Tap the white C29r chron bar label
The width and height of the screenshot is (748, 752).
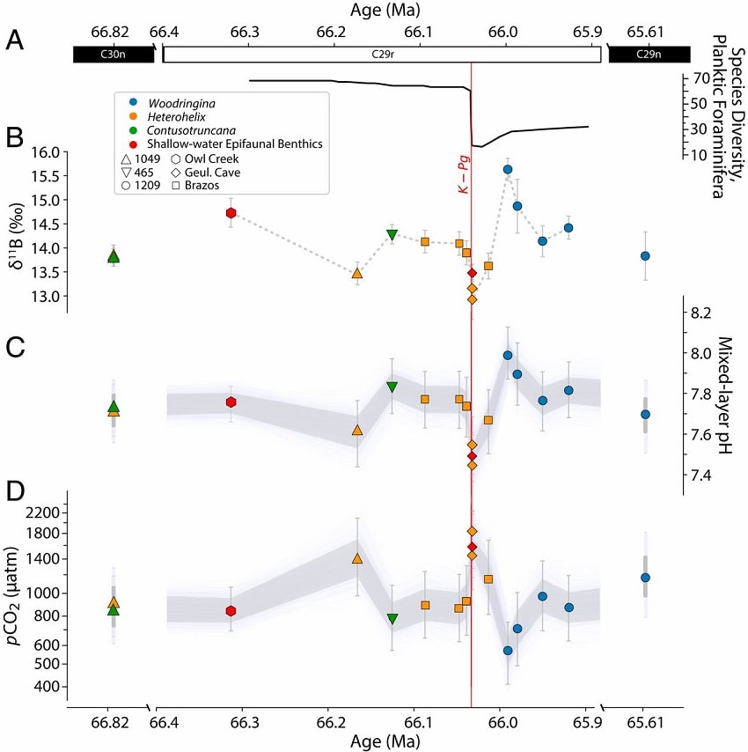click(x=381, y=55)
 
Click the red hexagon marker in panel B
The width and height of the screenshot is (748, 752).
click(x=231, y=213)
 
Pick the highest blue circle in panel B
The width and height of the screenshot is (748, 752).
click(x=508, y=169)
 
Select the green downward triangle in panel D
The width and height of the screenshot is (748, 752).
click(x=392, y=619)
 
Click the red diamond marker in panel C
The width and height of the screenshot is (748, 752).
click(x=472, y=455)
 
